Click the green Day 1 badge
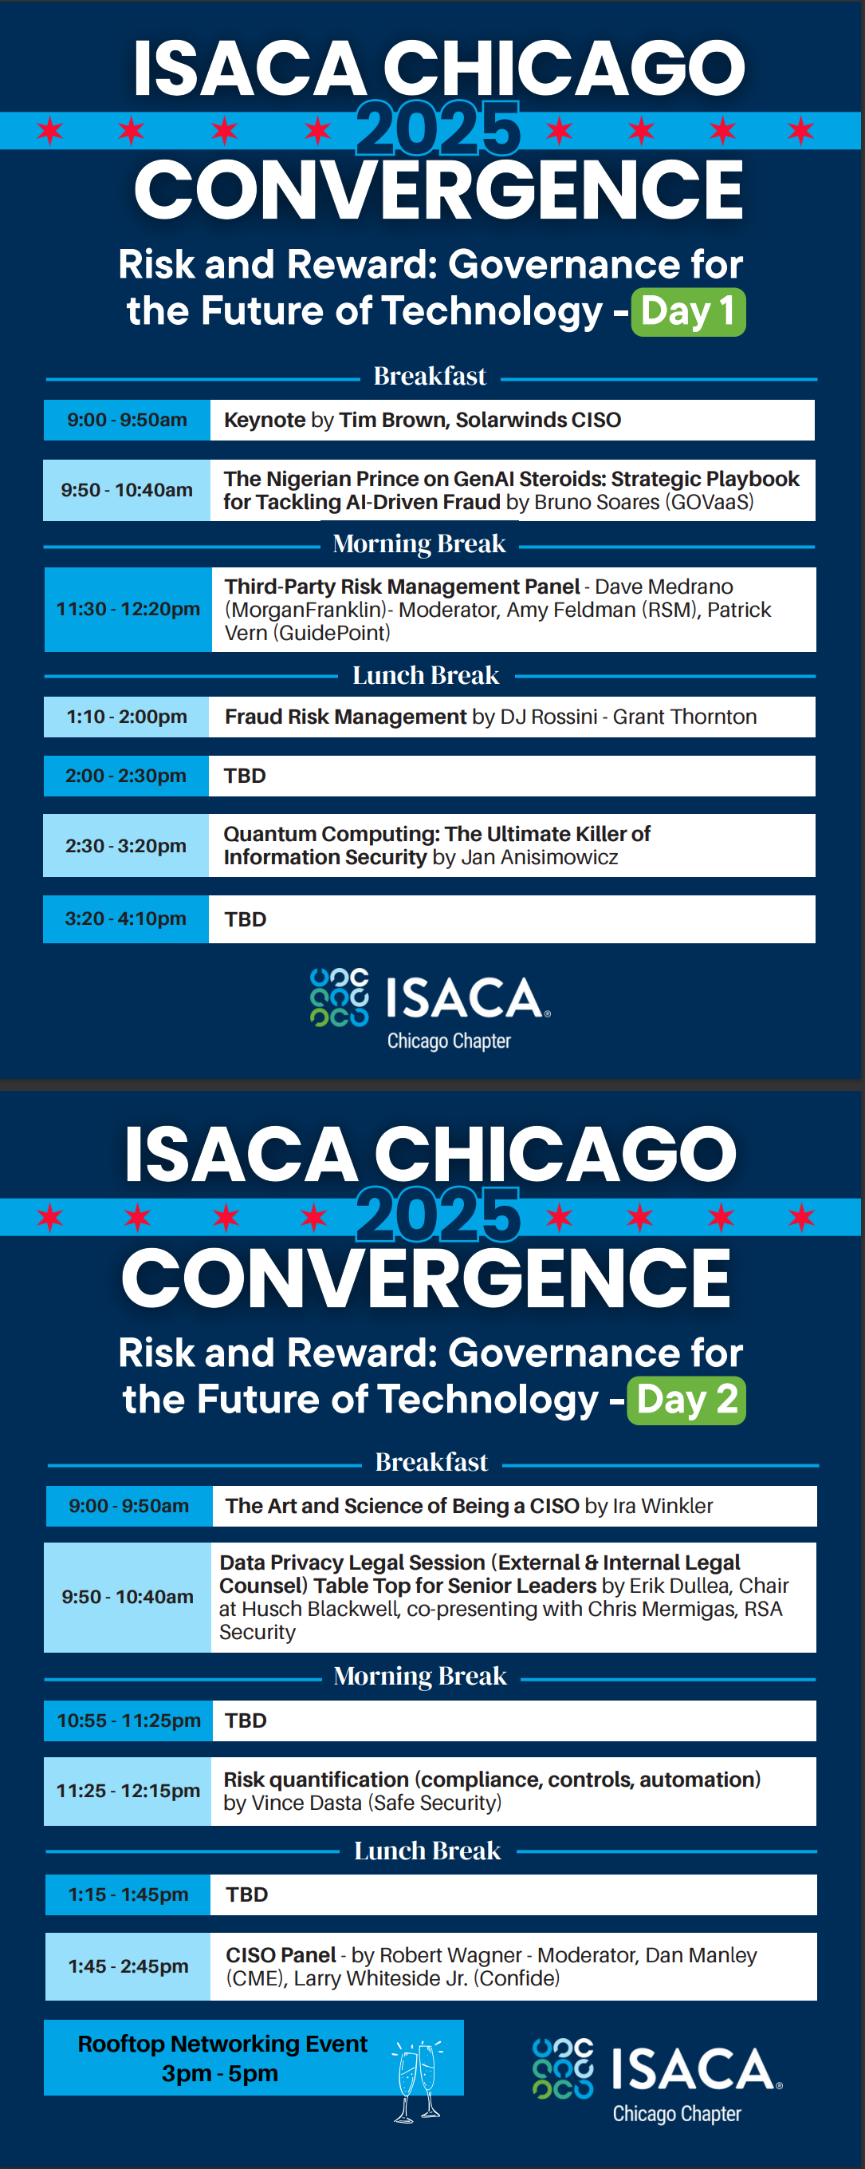pyautogui.click(x=687, y=311)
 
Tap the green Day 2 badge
pyautogui.click(x=686, y=1401)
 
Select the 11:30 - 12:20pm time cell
pyautogui.click(x=128, y=609)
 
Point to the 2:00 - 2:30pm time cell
pyautogui.click(x=126, y=776)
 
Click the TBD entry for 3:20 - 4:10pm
pyautogui.click(x=246, y=919)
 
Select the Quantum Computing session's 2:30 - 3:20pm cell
pyautogui.click(x=126, y=845)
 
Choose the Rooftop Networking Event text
pyautogui.click(x=222, y=2044)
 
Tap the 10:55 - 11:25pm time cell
pyautogui.click(x=128, y=1721)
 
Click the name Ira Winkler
pyautogui.click(x=663, y=1506)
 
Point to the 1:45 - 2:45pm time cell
pyautogui.click(x=128, y=1966)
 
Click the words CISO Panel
pyautogui.click(x=281, y=1954)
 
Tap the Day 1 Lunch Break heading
pyautogui.click(x=426, y=675)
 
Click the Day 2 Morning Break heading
pyautogui.click(x=421, y=1676)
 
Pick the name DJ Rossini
pyautogui.click(x=548, y=717)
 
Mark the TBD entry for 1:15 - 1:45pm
pyautogui.click(x=246, y=1894)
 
